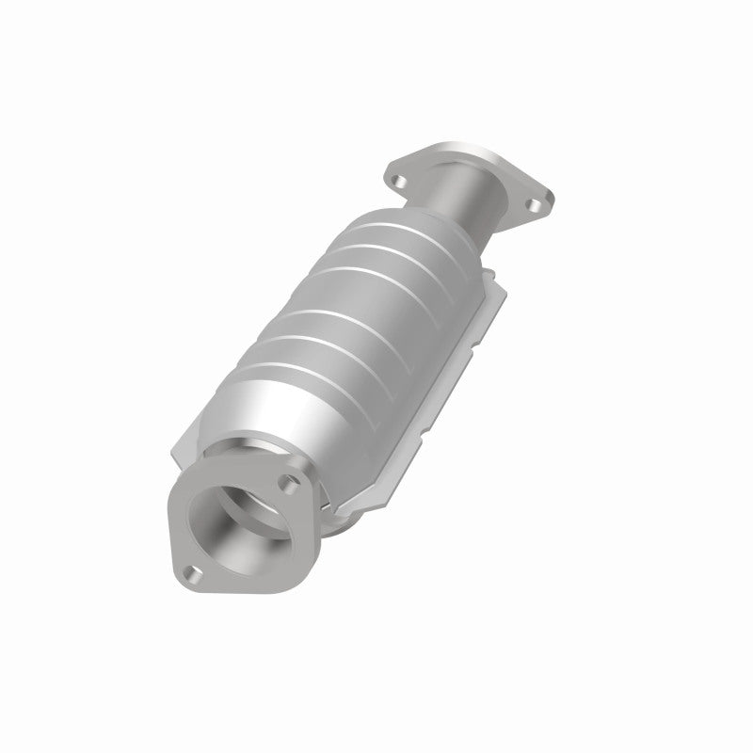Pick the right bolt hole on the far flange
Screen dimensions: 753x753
[534, 201]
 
